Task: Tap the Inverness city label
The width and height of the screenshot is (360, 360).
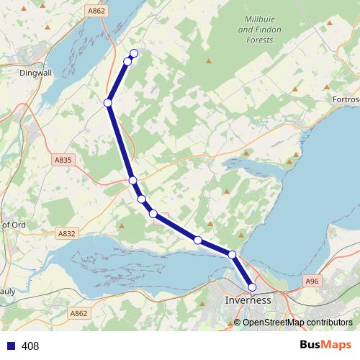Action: pos(248,300)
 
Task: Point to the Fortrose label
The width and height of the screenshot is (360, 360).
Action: pos(346,99)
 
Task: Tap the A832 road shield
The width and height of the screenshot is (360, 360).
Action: pos(67,233)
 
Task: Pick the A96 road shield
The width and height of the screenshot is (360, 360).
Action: pos(311,281)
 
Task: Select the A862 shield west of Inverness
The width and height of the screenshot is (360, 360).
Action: pos(78,313)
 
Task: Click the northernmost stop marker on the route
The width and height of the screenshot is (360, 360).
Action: pos(134,53)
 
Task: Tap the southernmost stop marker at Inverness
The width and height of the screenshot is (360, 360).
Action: pos(252,287)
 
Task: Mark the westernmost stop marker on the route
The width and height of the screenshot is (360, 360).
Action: pos(108,103)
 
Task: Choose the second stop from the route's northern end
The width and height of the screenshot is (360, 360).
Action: pos(127,61)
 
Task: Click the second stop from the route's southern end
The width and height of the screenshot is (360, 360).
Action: pos(232,254)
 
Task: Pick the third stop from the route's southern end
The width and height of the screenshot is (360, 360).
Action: pos(197,240)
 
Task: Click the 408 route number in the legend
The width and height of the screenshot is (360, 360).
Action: pos(30,346)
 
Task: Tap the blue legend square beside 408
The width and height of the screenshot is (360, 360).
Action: pos(10,346)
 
